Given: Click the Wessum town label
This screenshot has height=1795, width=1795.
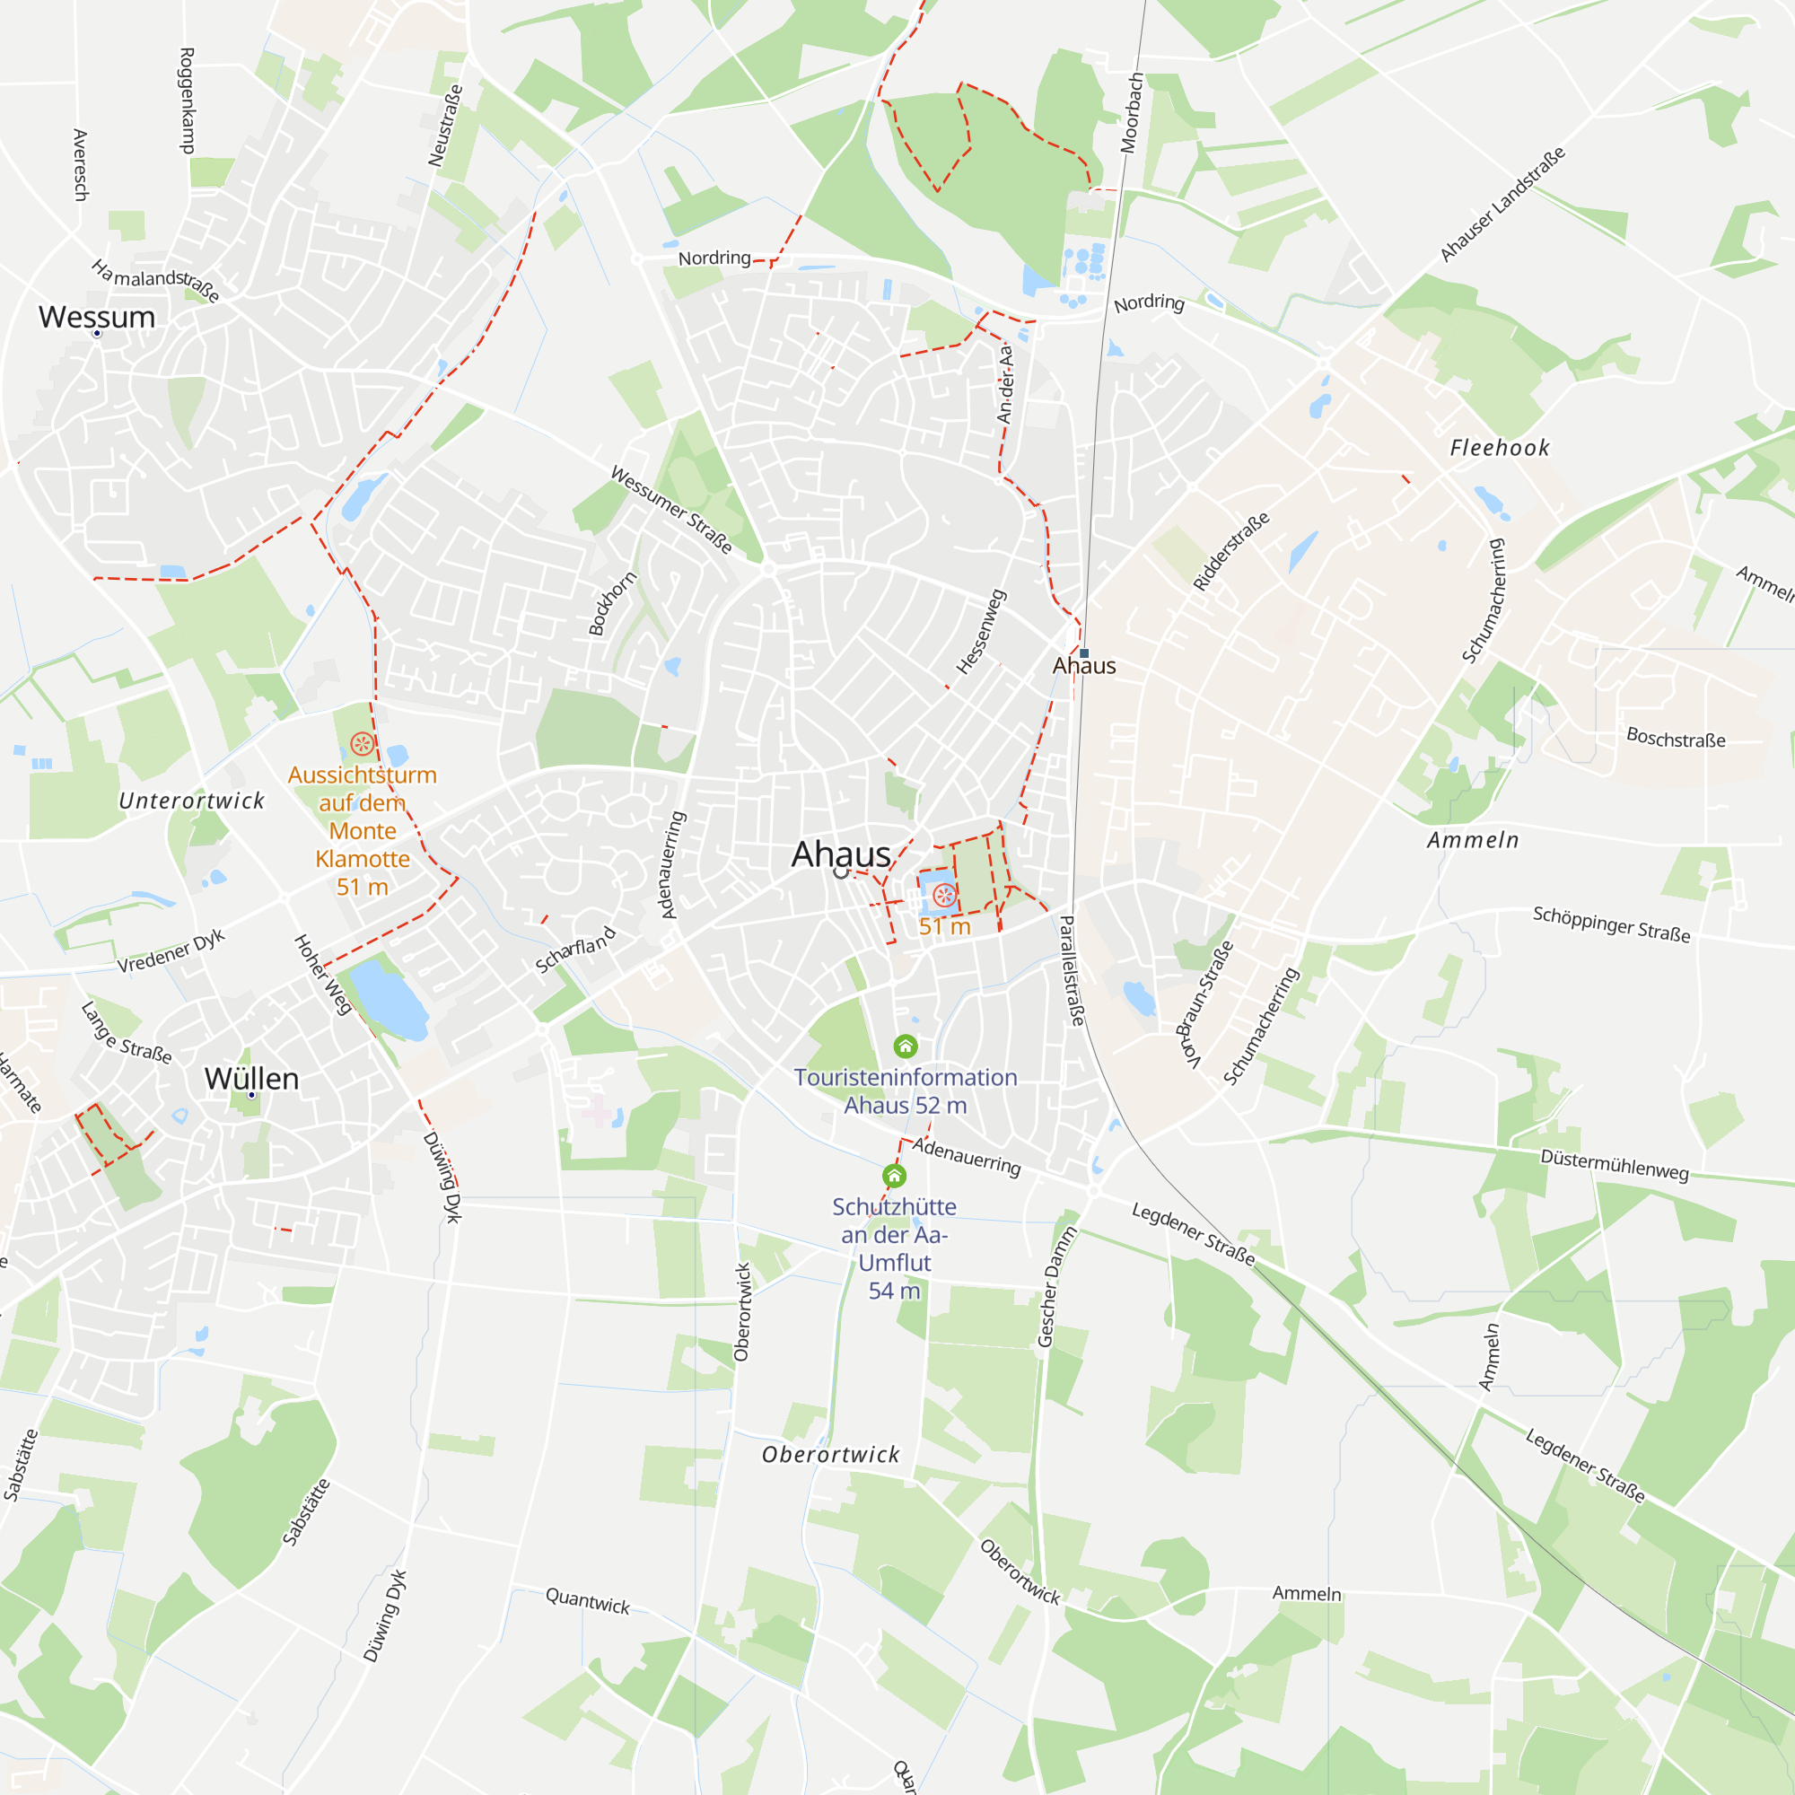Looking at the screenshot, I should pos(97,317).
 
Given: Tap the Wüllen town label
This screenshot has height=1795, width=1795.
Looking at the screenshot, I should pos(251,1079).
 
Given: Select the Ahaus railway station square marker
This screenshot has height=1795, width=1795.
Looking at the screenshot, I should pos(1084,653).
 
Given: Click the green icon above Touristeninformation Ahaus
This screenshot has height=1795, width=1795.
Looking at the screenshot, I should pos(905,1046).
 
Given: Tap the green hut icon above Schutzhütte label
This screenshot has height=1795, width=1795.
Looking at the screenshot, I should pos(894,1177).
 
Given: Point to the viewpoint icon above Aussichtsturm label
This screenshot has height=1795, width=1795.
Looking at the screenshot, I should pos(363,743).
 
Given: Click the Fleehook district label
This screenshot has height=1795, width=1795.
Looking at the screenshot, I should pos(1500,448).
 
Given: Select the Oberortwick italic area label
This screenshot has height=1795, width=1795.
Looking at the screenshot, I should pos(830,1454).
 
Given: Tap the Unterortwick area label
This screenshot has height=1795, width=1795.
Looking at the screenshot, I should pos(191,801).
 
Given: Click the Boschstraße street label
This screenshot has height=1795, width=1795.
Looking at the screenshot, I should pos(1675,739).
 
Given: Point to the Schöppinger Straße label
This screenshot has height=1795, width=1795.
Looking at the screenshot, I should pos(1611,924).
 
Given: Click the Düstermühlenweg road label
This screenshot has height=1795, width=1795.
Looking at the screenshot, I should pos(1614,1164).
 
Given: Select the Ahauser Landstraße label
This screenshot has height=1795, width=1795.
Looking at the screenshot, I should pos(1502,204).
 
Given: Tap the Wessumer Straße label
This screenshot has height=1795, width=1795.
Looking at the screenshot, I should pos(670,510).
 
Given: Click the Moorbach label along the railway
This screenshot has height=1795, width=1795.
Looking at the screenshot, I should pos(1131,112).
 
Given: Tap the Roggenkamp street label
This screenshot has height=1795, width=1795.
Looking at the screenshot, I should pos(187,101).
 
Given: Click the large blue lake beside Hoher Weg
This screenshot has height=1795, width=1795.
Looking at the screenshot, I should pos(389,999).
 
